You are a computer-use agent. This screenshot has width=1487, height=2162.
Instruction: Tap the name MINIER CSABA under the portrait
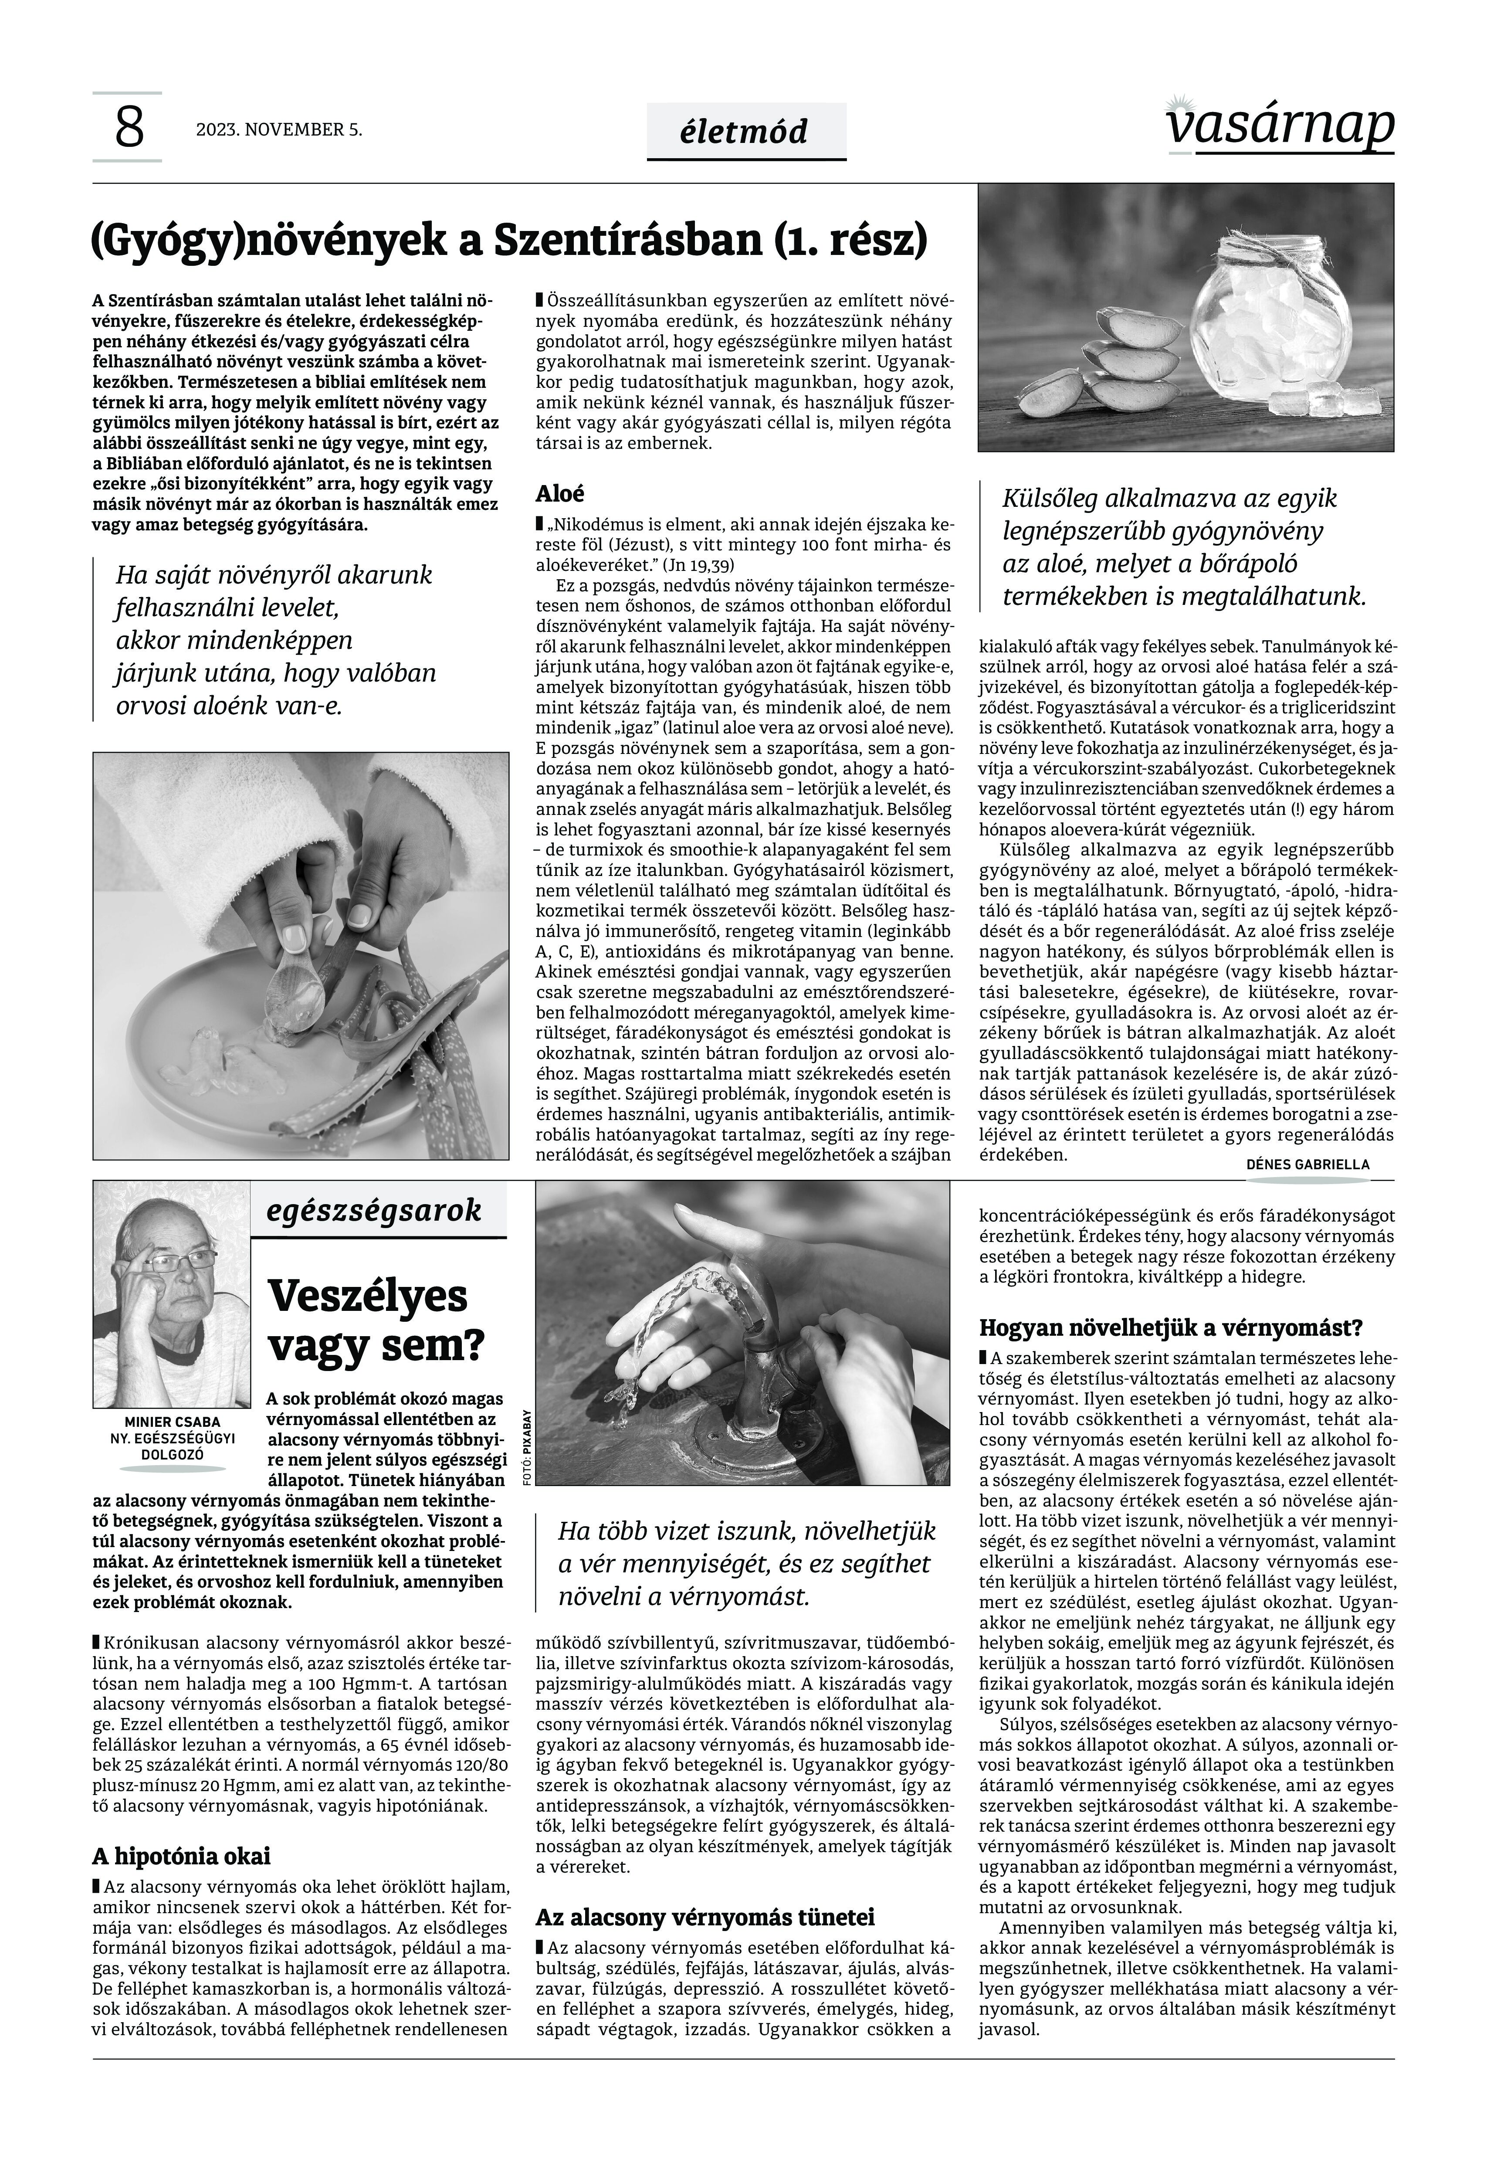pos(173,1422)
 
